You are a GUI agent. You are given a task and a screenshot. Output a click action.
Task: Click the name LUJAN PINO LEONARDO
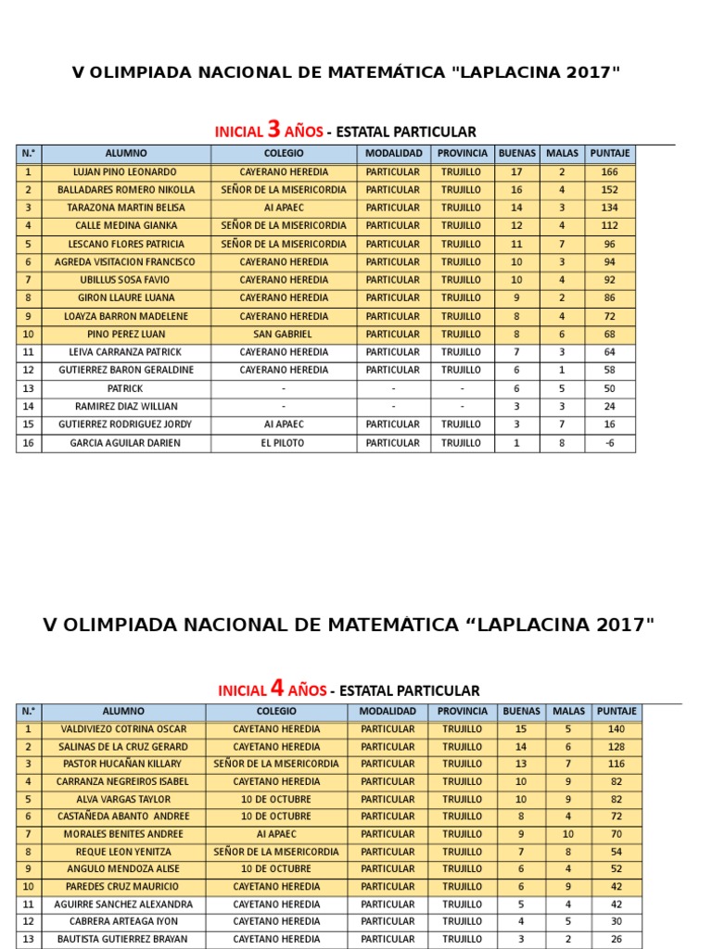point(126,171)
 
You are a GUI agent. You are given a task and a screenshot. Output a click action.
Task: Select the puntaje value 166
point(609,171)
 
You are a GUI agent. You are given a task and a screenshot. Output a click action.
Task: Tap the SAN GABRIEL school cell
point(283,334)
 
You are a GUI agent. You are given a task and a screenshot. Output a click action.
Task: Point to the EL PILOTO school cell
point(283,443)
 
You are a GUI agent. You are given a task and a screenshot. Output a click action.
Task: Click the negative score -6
point(609,443)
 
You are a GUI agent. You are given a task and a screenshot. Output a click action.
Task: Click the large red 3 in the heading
point(273,129)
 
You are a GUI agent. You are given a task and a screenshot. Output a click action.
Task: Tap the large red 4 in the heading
point(276,689)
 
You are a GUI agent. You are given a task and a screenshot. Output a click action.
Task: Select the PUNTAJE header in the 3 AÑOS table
point(609,153)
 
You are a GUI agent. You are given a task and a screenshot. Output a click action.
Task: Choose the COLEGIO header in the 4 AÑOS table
point(276,711)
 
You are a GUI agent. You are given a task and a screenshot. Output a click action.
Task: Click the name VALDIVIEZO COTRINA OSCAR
point(123,728)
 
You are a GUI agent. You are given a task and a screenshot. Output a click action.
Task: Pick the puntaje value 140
point(617,728)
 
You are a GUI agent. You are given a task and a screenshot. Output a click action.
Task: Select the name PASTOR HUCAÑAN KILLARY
point(123,764)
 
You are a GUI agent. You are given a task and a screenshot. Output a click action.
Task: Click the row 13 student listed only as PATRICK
point(126,388)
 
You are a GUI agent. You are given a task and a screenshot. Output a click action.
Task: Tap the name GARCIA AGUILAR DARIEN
point(126,443)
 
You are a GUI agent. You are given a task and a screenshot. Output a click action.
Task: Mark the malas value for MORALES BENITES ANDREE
point(568,834)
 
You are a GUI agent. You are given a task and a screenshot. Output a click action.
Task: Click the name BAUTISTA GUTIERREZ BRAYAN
point(123,939)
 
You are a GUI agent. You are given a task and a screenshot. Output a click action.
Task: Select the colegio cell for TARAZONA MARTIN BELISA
point(283,208)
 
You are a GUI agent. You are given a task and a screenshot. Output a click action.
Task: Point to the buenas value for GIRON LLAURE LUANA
point(516,297)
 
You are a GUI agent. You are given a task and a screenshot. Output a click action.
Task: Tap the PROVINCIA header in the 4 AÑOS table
point(462,711)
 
